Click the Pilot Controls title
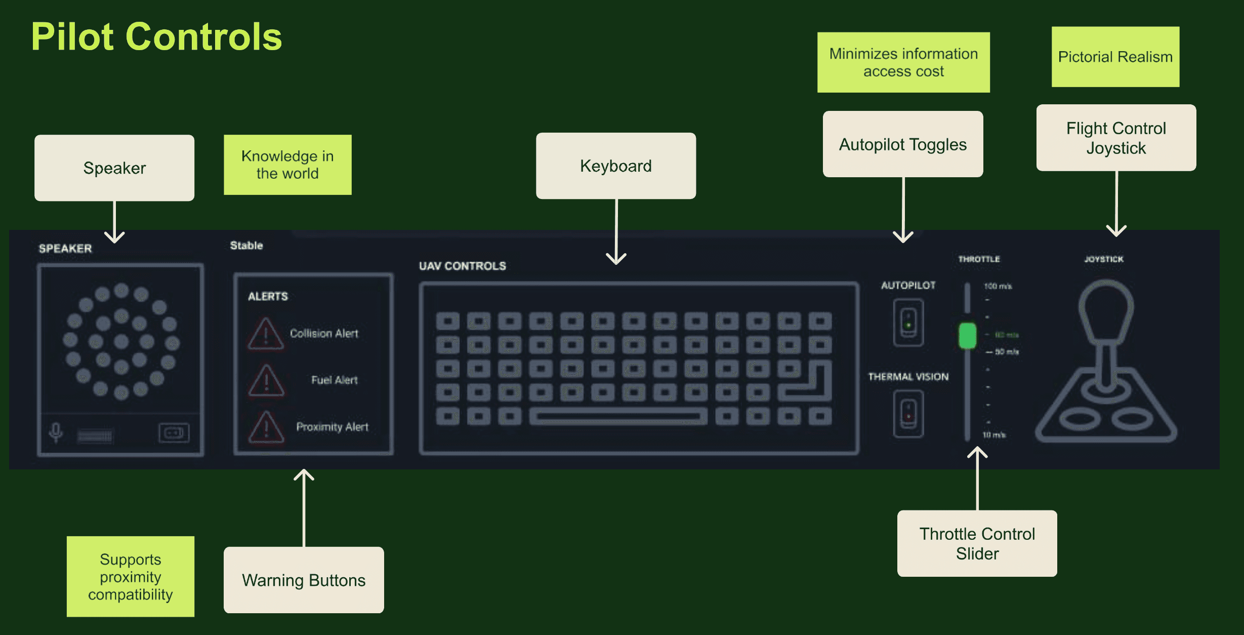click(156, 37)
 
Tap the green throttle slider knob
click(967, 335)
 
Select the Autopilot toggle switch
click(908, 323)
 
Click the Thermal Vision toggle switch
click(908, 414)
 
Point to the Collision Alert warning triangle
click(266, 334)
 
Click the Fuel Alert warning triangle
click(266, 381)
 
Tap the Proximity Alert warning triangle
click(266, 427)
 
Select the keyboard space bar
click(617, 417)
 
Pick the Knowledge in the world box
click(287, 165)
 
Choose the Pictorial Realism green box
click(1115, 57)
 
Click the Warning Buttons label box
click(304, 580)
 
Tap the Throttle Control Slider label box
click(977, 543)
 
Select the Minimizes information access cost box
click(903, 62)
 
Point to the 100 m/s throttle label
click(998, 286)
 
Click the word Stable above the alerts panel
click(246, 246)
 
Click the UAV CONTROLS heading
click(462, 266)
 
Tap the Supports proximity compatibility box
click(131, 576)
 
